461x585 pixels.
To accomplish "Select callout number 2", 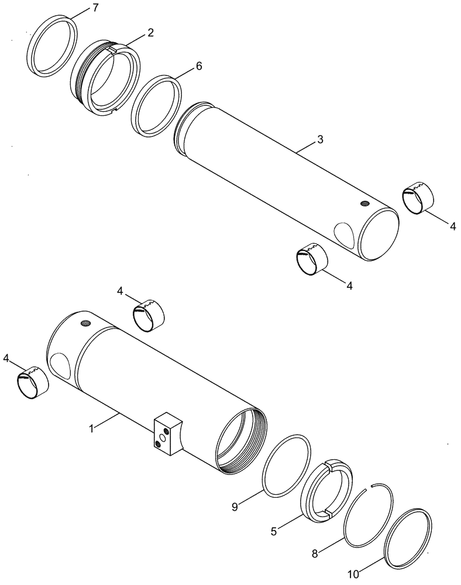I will (x=150, y=33).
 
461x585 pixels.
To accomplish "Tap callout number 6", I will (x=198, y=66).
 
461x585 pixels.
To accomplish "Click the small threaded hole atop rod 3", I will (x=363, y=204).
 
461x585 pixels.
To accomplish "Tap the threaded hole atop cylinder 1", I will (x=87, y=322).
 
